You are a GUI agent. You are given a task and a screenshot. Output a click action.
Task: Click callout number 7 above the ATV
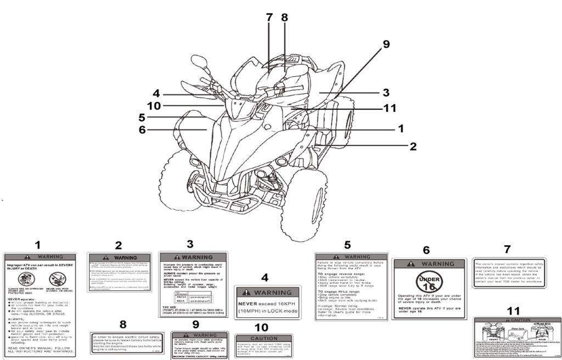(269, 17)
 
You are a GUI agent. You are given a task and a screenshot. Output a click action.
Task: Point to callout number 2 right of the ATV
(412, 146)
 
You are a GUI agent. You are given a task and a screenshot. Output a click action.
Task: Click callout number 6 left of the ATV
(142, 130)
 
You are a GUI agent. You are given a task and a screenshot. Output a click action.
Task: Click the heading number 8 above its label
(122, 324)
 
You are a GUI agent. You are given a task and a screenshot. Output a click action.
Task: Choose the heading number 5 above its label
(347, 245)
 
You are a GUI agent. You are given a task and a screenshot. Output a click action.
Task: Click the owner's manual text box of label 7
(509, 272)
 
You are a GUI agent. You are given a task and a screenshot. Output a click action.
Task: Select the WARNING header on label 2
(119, 257)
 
